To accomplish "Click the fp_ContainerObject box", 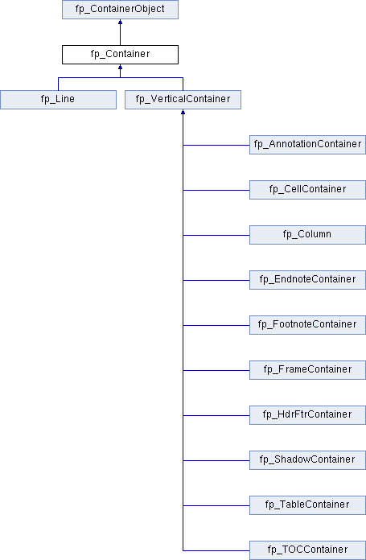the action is click(x=121, y=10).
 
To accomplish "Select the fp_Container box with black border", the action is click(x=121, y=55).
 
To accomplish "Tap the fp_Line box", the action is click(x=58, y=100).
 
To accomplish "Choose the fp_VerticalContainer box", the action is click(x=183, y=100).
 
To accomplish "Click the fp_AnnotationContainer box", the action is click(x=307, y=145).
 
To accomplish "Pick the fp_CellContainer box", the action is click(x=307, y=190).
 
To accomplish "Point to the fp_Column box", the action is click(x=307, y=235).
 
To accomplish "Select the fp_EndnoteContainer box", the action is click(x=307, y=280).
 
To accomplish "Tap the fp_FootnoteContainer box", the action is click(x=307, y=324).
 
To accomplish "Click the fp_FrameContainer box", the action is click(x=307, y=369).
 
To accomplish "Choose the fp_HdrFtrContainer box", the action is click(x=307, y=414).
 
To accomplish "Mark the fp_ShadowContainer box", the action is click(x=307, y=459).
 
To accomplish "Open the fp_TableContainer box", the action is click(x=307, y=504).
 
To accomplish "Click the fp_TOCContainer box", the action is click(x=307, y=550).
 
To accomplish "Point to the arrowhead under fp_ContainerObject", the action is click(x=121, y=22).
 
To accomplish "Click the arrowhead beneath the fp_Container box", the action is click(x=121, y=67).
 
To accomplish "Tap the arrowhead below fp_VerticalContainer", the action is click(x=183, y=112).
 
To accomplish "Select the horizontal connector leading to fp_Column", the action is click(x=216, y=235).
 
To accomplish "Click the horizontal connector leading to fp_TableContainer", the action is click(x=216, y=505).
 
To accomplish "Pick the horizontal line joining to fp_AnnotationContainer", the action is click(x=216, y=145).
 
